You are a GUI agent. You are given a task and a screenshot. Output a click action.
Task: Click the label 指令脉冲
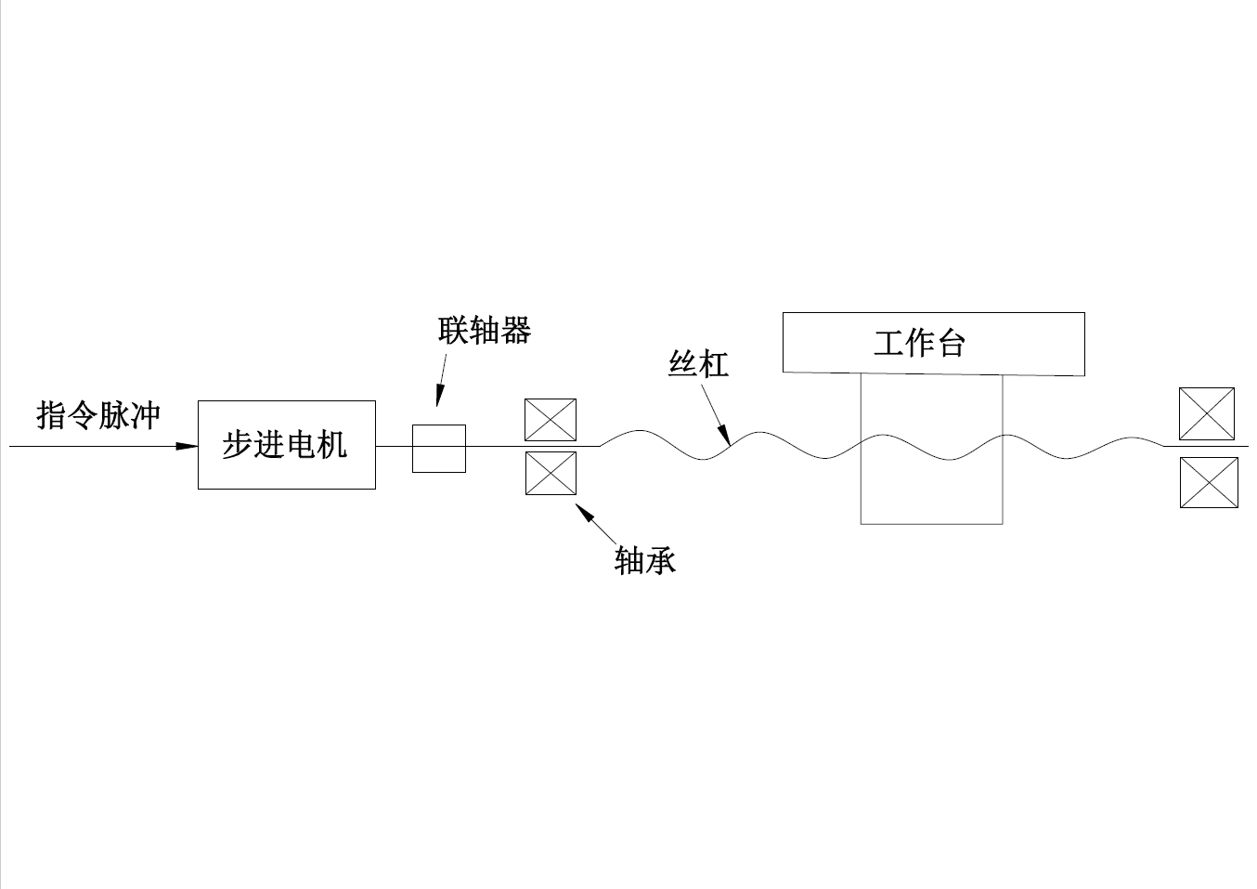pyautogui.click(x=98, y=415)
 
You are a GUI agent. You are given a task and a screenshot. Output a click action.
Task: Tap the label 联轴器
pyautogui.click(x=485, y=331)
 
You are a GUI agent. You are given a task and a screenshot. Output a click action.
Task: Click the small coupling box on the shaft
pyautogui.click(x=438, y=449)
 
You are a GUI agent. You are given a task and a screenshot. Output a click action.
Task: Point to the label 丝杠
pyautogui.click(x=698, y=363)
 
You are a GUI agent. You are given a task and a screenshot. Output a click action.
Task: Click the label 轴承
pyautogui.click(x=644, y=560)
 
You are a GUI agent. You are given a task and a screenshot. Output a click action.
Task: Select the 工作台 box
pyautogui.click(x=933, y=344)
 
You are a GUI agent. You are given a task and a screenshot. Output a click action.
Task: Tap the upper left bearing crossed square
pyautogui.click(x=551, y=420)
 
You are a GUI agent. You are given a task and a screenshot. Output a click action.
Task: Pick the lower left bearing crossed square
pyautogui.click(x=551, y=473)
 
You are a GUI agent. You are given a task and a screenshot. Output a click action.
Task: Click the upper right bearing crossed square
pyautogui.click(x=1206, y=413)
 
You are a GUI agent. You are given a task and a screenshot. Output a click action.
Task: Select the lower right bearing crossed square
pyautogui.click(x=1208, y=482)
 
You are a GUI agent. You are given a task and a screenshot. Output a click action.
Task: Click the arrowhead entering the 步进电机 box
pyautogui.click(x=188, y=447)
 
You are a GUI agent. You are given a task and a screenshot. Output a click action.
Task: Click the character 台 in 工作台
pyautogui.click(x=952, y=344)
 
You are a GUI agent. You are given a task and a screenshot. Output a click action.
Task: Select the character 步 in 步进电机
pyautogui.click(x=238, y=445)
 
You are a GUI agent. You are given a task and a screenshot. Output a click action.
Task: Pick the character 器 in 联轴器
pyautogui.click(x=515, y=331)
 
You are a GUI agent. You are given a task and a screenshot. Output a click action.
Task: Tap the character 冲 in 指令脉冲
pyautogui.click(x=146, y=415)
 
